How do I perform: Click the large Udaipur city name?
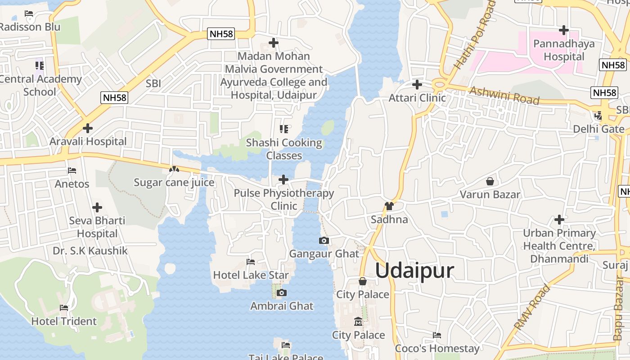(x=414, y=271)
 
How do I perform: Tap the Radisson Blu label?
(x=30, y=27)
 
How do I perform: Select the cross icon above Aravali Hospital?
(x=88, y=128)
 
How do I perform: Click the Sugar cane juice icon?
(x=174, y=170)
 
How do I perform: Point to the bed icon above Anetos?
(x=72, y=171)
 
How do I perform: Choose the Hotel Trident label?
(x=64, y=321)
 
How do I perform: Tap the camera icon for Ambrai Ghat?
(x=282, y=293)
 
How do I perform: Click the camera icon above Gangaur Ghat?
(x=324, y=241)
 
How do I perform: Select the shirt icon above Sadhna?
(x=389, y=206)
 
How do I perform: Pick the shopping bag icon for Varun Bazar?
(x=490, y=181)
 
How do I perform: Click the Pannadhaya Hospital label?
(x=564, y=50)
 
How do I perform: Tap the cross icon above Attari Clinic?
(x=417, y=85)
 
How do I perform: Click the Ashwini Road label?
(x=504, y=95)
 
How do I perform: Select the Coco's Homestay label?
(x=437, y=348)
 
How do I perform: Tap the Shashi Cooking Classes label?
(x=284, y=149)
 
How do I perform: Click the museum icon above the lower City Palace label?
(x=358, y=322)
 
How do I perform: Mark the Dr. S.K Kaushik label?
(x=90, y=251)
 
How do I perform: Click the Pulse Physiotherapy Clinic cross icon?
(x=283, y=180)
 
